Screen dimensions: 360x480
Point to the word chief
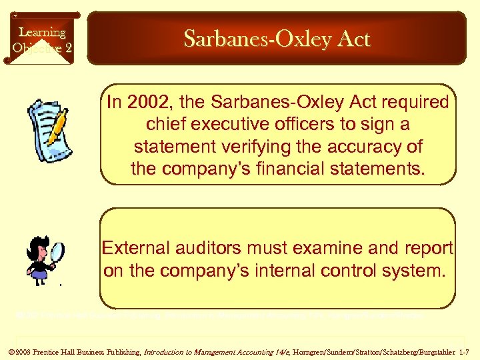[165, 125]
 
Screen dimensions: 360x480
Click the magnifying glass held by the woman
[57, 253]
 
